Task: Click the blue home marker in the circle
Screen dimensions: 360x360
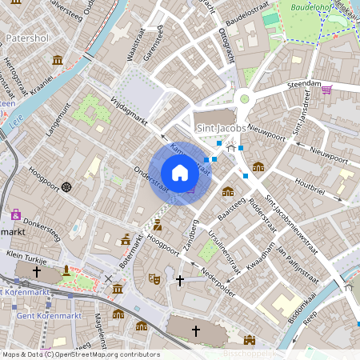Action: click(x=180, y=173)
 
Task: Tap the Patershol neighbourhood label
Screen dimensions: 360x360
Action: click(x=28, y=38)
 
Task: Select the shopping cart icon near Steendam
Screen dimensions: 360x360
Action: click(x=326, y=89)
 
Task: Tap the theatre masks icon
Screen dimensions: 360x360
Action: click(x=154, y=278)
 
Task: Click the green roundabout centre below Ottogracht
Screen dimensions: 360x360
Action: click(x=245, y=98)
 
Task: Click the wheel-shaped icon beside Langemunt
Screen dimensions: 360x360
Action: click(x=66, y=186)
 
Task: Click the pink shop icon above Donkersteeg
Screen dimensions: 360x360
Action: click(x=15, y=214)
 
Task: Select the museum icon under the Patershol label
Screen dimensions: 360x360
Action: click(x=58, y=60)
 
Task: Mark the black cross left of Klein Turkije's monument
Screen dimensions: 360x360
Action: click(x=36, y=272)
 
